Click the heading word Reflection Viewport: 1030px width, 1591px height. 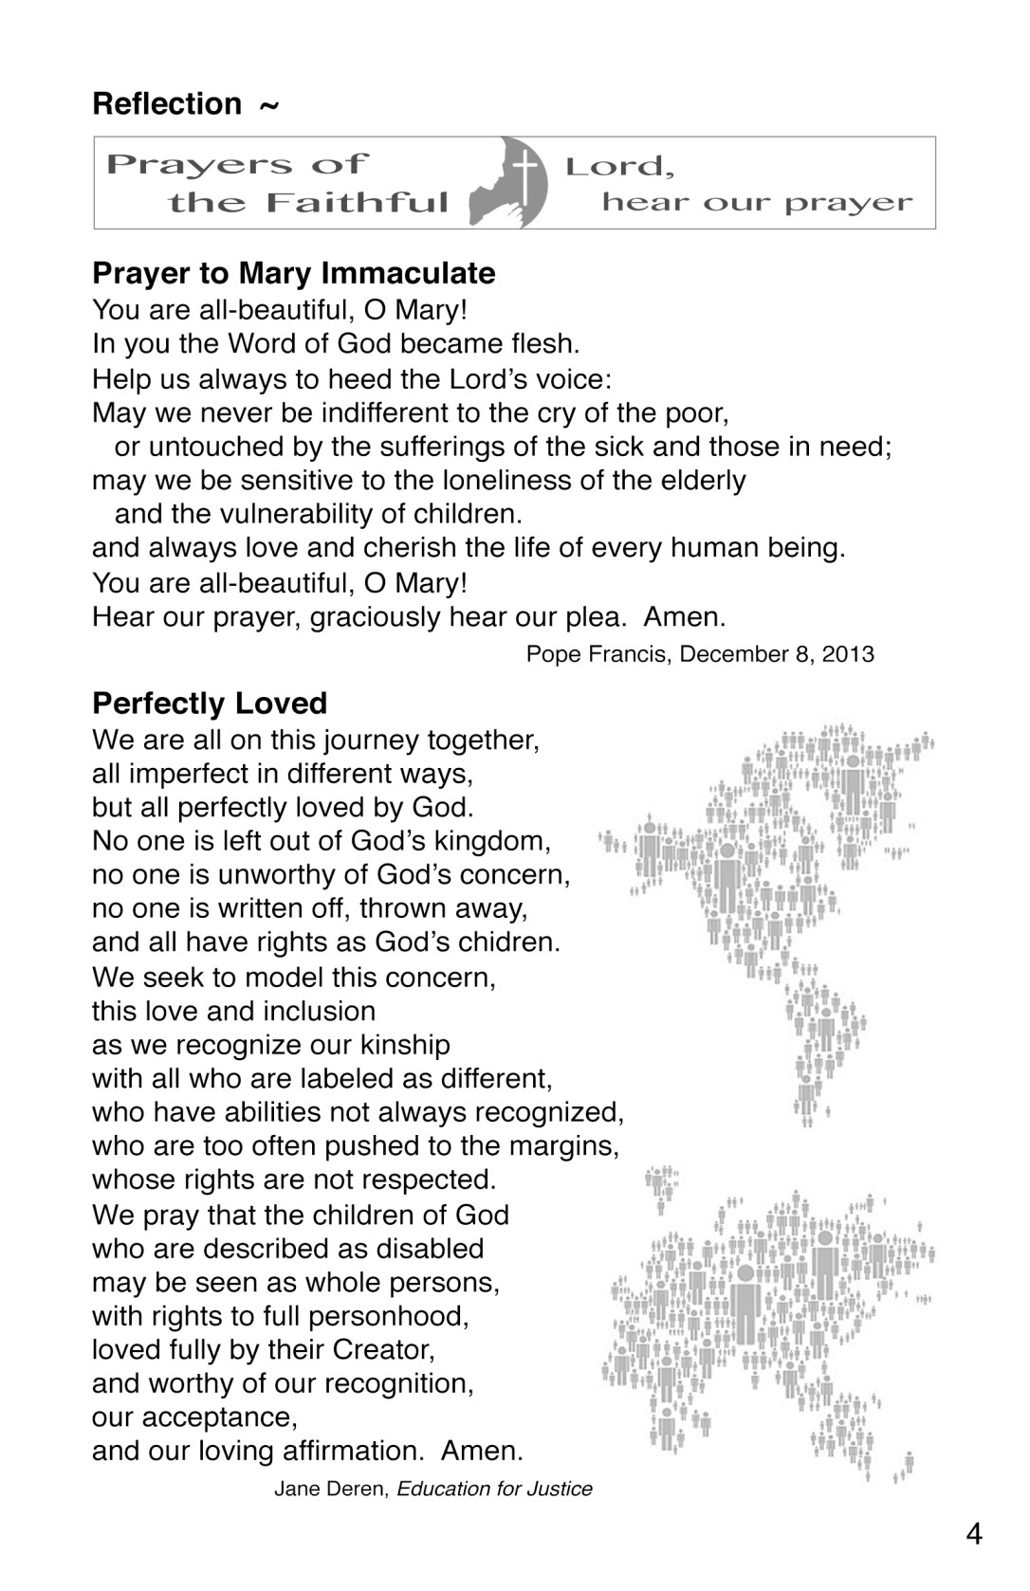coord(167,103)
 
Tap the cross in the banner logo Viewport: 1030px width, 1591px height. coord(524,177)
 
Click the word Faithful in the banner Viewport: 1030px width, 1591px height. coord(357,203)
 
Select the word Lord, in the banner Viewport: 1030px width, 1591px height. coord(620,167)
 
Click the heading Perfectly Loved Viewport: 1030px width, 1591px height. coord(210,704)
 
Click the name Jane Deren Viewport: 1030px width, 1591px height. coord(331,1489)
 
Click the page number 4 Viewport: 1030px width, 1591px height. coord(974,1533)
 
